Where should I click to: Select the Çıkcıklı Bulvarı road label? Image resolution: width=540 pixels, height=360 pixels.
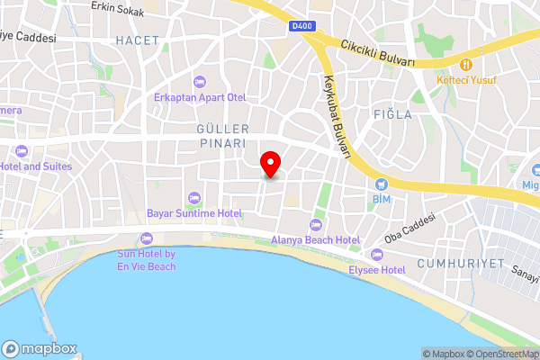378,53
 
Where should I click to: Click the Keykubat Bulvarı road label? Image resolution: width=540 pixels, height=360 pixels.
332,118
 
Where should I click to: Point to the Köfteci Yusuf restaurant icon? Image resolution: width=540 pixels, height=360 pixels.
466,65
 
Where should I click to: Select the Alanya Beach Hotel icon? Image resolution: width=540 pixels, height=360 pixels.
315,225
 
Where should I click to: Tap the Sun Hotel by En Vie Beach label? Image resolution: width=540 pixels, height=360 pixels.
146,260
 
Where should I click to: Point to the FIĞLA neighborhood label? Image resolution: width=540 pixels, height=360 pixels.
392,114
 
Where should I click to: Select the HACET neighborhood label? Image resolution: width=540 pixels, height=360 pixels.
137,40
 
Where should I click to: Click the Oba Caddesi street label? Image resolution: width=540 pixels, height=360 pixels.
409,229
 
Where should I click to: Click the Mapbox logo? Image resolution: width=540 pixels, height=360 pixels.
40,349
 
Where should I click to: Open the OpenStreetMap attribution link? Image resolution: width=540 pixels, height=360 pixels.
503,354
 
